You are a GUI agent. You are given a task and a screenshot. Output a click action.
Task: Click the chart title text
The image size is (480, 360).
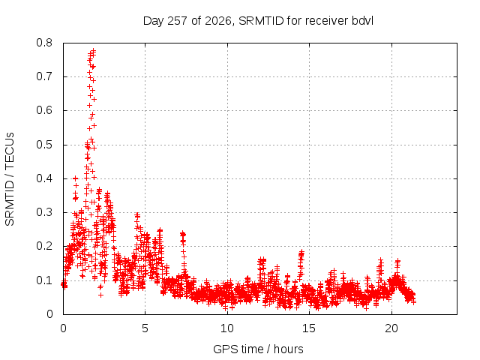pos(258,21)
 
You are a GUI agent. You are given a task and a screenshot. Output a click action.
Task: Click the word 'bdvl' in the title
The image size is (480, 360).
pos(362,21)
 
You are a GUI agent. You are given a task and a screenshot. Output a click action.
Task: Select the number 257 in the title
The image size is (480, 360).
pos(178,21)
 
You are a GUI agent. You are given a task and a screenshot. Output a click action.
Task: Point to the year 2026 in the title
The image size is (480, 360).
pos(218,21)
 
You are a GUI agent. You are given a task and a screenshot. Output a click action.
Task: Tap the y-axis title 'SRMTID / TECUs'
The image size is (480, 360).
pos(10,179)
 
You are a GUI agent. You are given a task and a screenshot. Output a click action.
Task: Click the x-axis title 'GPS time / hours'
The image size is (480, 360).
pos(258,349)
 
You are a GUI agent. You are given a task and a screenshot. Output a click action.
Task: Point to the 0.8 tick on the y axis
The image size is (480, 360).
pos(44,43)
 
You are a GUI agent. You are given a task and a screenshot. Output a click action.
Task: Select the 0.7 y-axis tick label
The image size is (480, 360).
pos(44,76)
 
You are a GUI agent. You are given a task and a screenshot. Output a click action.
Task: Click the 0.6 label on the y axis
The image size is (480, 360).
pos(44,110)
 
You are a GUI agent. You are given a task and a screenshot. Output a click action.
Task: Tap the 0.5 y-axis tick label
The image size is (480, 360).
pos(44,145)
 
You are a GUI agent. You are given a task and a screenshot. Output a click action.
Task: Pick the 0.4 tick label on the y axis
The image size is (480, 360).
pos(44,178)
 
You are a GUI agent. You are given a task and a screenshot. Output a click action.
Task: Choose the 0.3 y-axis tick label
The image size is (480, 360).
pos(44,212)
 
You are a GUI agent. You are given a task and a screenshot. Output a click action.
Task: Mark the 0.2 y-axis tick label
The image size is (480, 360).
pos(44,247)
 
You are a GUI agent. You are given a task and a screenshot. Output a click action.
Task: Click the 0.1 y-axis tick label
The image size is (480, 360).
pos(44,280)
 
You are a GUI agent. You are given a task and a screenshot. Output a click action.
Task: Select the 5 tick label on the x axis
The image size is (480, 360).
pos(145,328)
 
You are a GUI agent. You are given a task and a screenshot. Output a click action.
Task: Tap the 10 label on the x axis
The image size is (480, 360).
pos(227,328)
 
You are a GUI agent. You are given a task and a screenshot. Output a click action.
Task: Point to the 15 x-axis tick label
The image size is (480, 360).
pos(309,328)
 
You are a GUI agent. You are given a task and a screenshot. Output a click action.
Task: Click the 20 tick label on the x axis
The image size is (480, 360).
pos(391,328)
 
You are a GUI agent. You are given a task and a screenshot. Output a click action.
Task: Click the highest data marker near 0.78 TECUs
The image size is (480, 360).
pos(93,50)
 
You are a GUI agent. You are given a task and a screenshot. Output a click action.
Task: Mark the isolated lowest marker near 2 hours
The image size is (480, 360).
pos(100,295)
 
